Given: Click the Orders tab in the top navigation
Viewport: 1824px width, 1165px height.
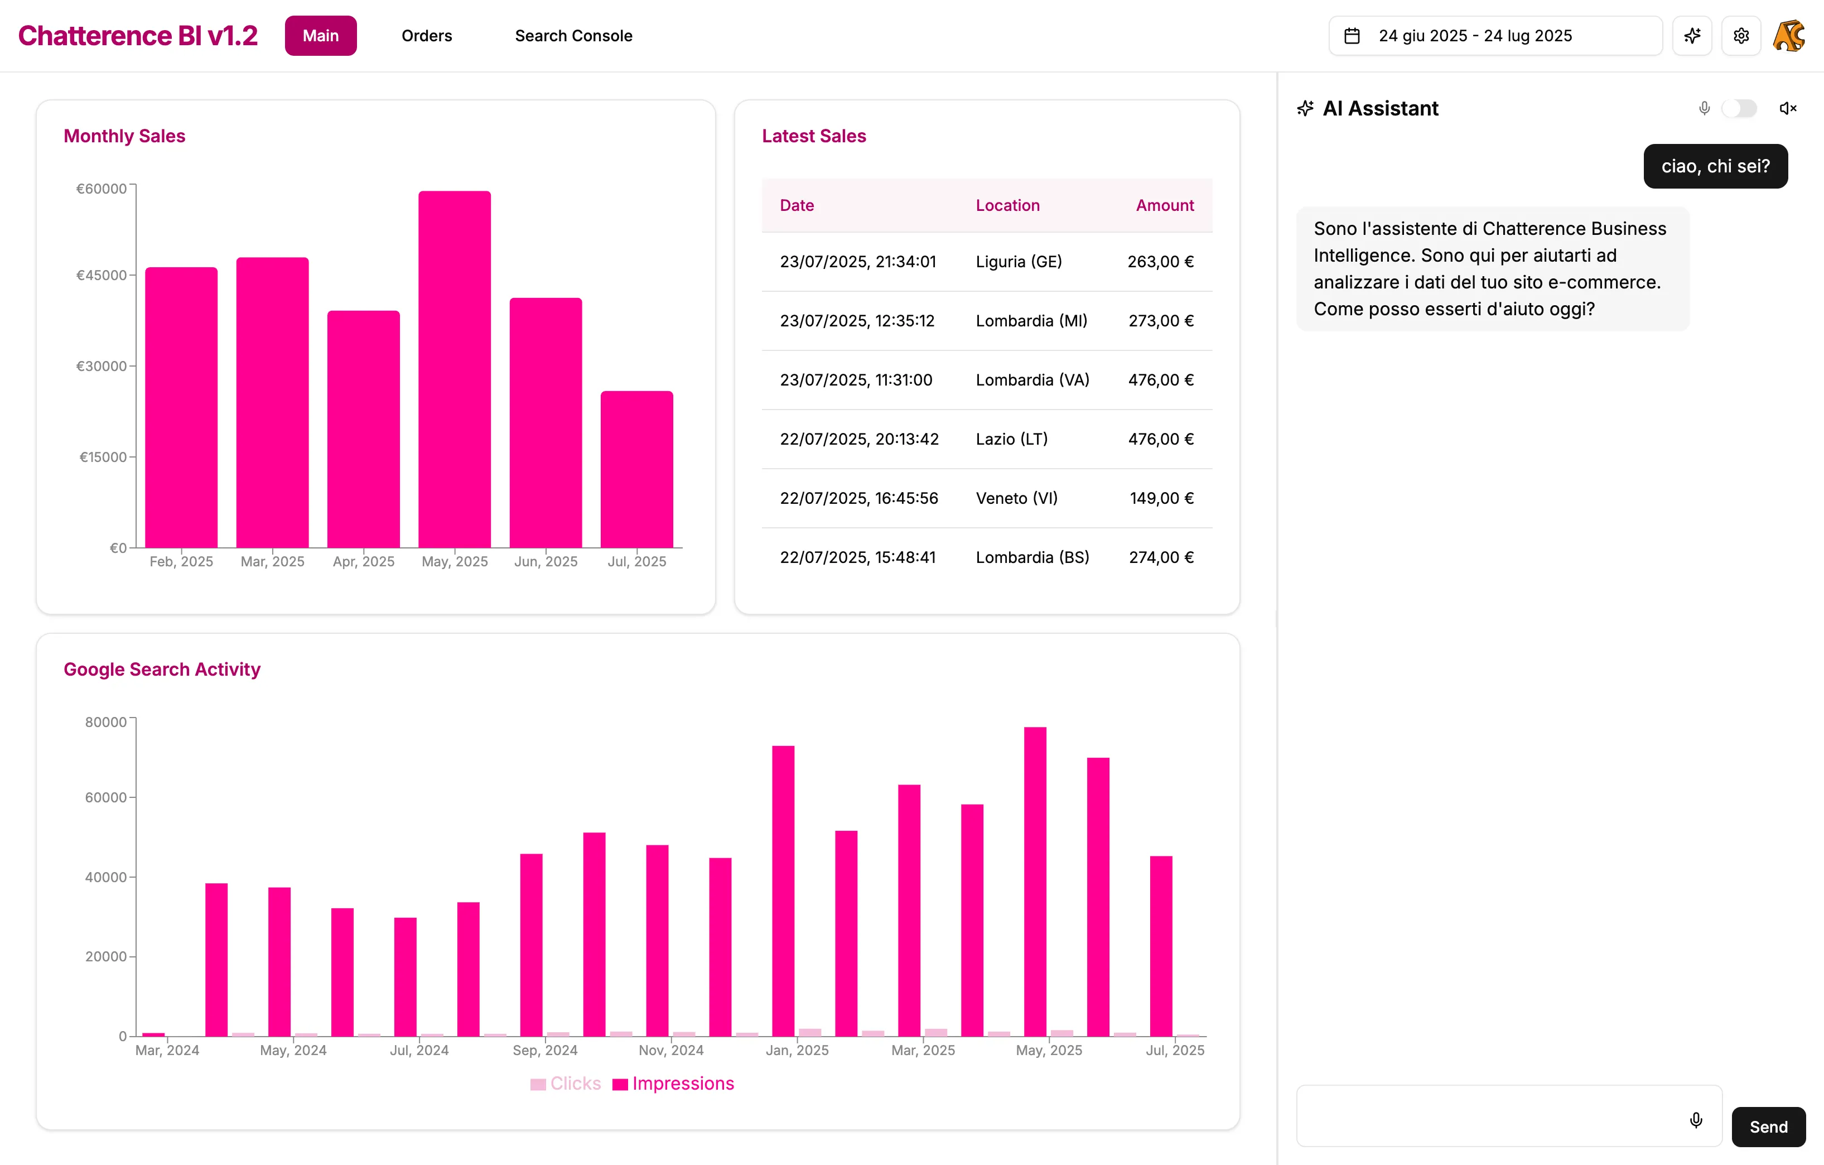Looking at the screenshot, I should [x=427, y=36].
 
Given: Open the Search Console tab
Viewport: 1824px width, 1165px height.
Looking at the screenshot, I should [x=573, y=36].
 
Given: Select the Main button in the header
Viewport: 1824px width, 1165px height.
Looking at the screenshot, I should [x=320, y=36].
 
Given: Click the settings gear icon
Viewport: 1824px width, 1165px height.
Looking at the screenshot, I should [x=1741, y=36].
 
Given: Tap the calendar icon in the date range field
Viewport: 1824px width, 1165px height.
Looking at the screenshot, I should [x=1352, y=36].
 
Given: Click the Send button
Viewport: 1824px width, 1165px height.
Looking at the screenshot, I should [x=1768, y=1127].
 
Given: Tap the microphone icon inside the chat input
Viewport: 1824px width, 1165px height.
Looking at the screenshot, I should [x=1696, y=1120].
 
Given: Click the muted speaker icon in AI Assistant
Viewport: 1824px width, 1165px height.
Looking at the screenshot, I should [x=1788, y=108].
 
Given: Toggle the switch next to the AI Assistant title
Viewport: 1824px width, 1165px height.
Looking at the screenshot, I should [x=1739, y=108].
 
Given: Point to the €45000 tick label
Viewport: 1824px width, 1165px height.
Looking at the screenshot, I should [x=102, y=275].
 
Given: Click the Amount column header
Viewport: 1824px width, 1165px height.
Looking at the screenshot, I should [x=1164, y=205].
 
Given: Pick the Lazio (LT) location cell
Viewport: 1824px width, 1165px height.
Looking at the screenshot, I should [x=1011, y=439].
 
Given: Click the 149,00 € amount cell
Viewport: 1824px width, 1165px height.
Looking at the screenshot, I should [x=1161, y=498].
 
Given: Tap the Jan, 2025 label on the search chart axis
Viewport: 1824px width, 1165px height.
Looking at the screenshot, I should [x=797, y=1050].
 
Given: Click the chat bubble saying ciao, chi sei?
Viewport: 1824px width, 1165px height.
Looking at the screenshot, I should [x=1715, y=166].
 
